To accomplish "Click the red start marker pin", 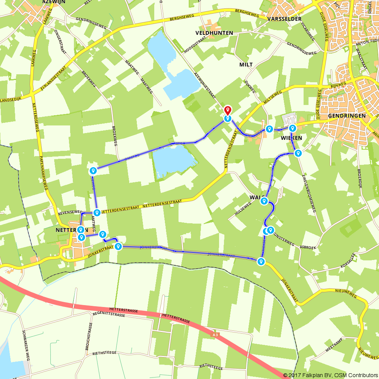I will pos(227,111).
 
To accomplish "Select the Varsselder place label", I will pos(284,19).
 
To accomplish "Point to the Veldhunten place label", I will pos(214,33).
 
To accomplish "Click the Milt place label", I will pos(246,64).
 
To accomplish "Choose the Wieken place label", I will pos(291,138).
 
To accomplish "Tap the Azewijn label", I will pos(55,2).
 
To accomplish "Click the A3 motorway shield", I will pos(215,335).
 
